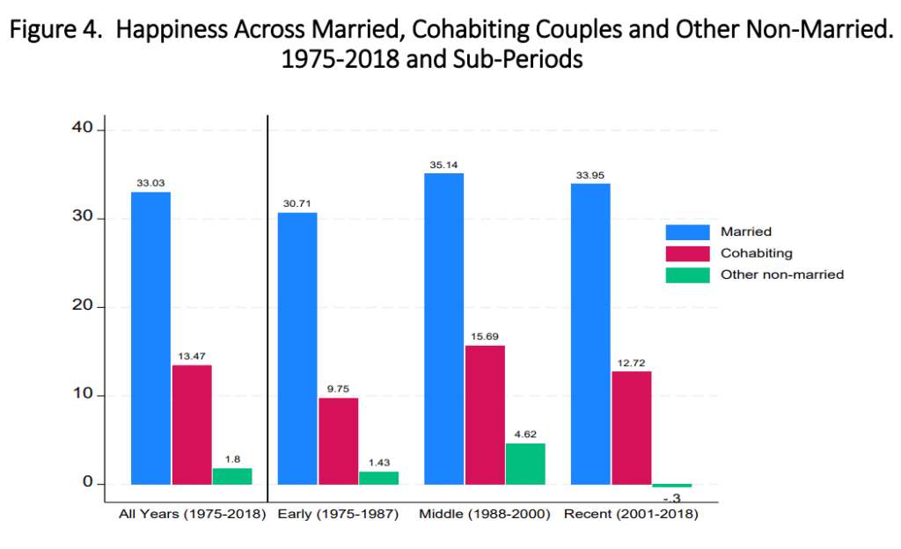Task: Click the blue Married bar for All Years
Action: pyautogui.click(x=150, y=338)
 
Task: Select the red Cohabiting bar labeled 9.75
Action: pyautogui.click(x=338, y=441)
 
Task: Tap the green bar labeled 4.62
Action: pyautogui.click(x=525, y=464)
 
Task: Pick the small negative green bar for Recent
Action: pyautogui.click(x=672, y=486)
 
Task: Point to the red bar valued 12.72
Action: pyautogui.click(x=631, y=428)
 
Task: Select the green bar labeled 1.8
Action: pyautogui.click(x=232, y=476)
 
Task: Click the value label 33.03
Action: pyautogui.click(x=150, y=183)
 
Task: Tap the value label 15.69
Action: pyautogui.click(x=485, y=336)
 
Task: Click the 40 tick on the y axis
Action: pyautogui.click(x=83, y=129)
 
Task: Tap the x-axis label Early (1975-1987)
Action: pyautogui.click(x=338, y=514)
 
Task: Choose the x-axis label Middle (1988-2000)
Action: pyautogui.click(x=485, y=514)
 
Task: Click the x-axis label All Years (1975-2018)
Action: pyautogui.click(x=192, y=514)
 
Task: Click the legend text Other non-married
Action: pyautogui.click(x=782, y=274)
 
